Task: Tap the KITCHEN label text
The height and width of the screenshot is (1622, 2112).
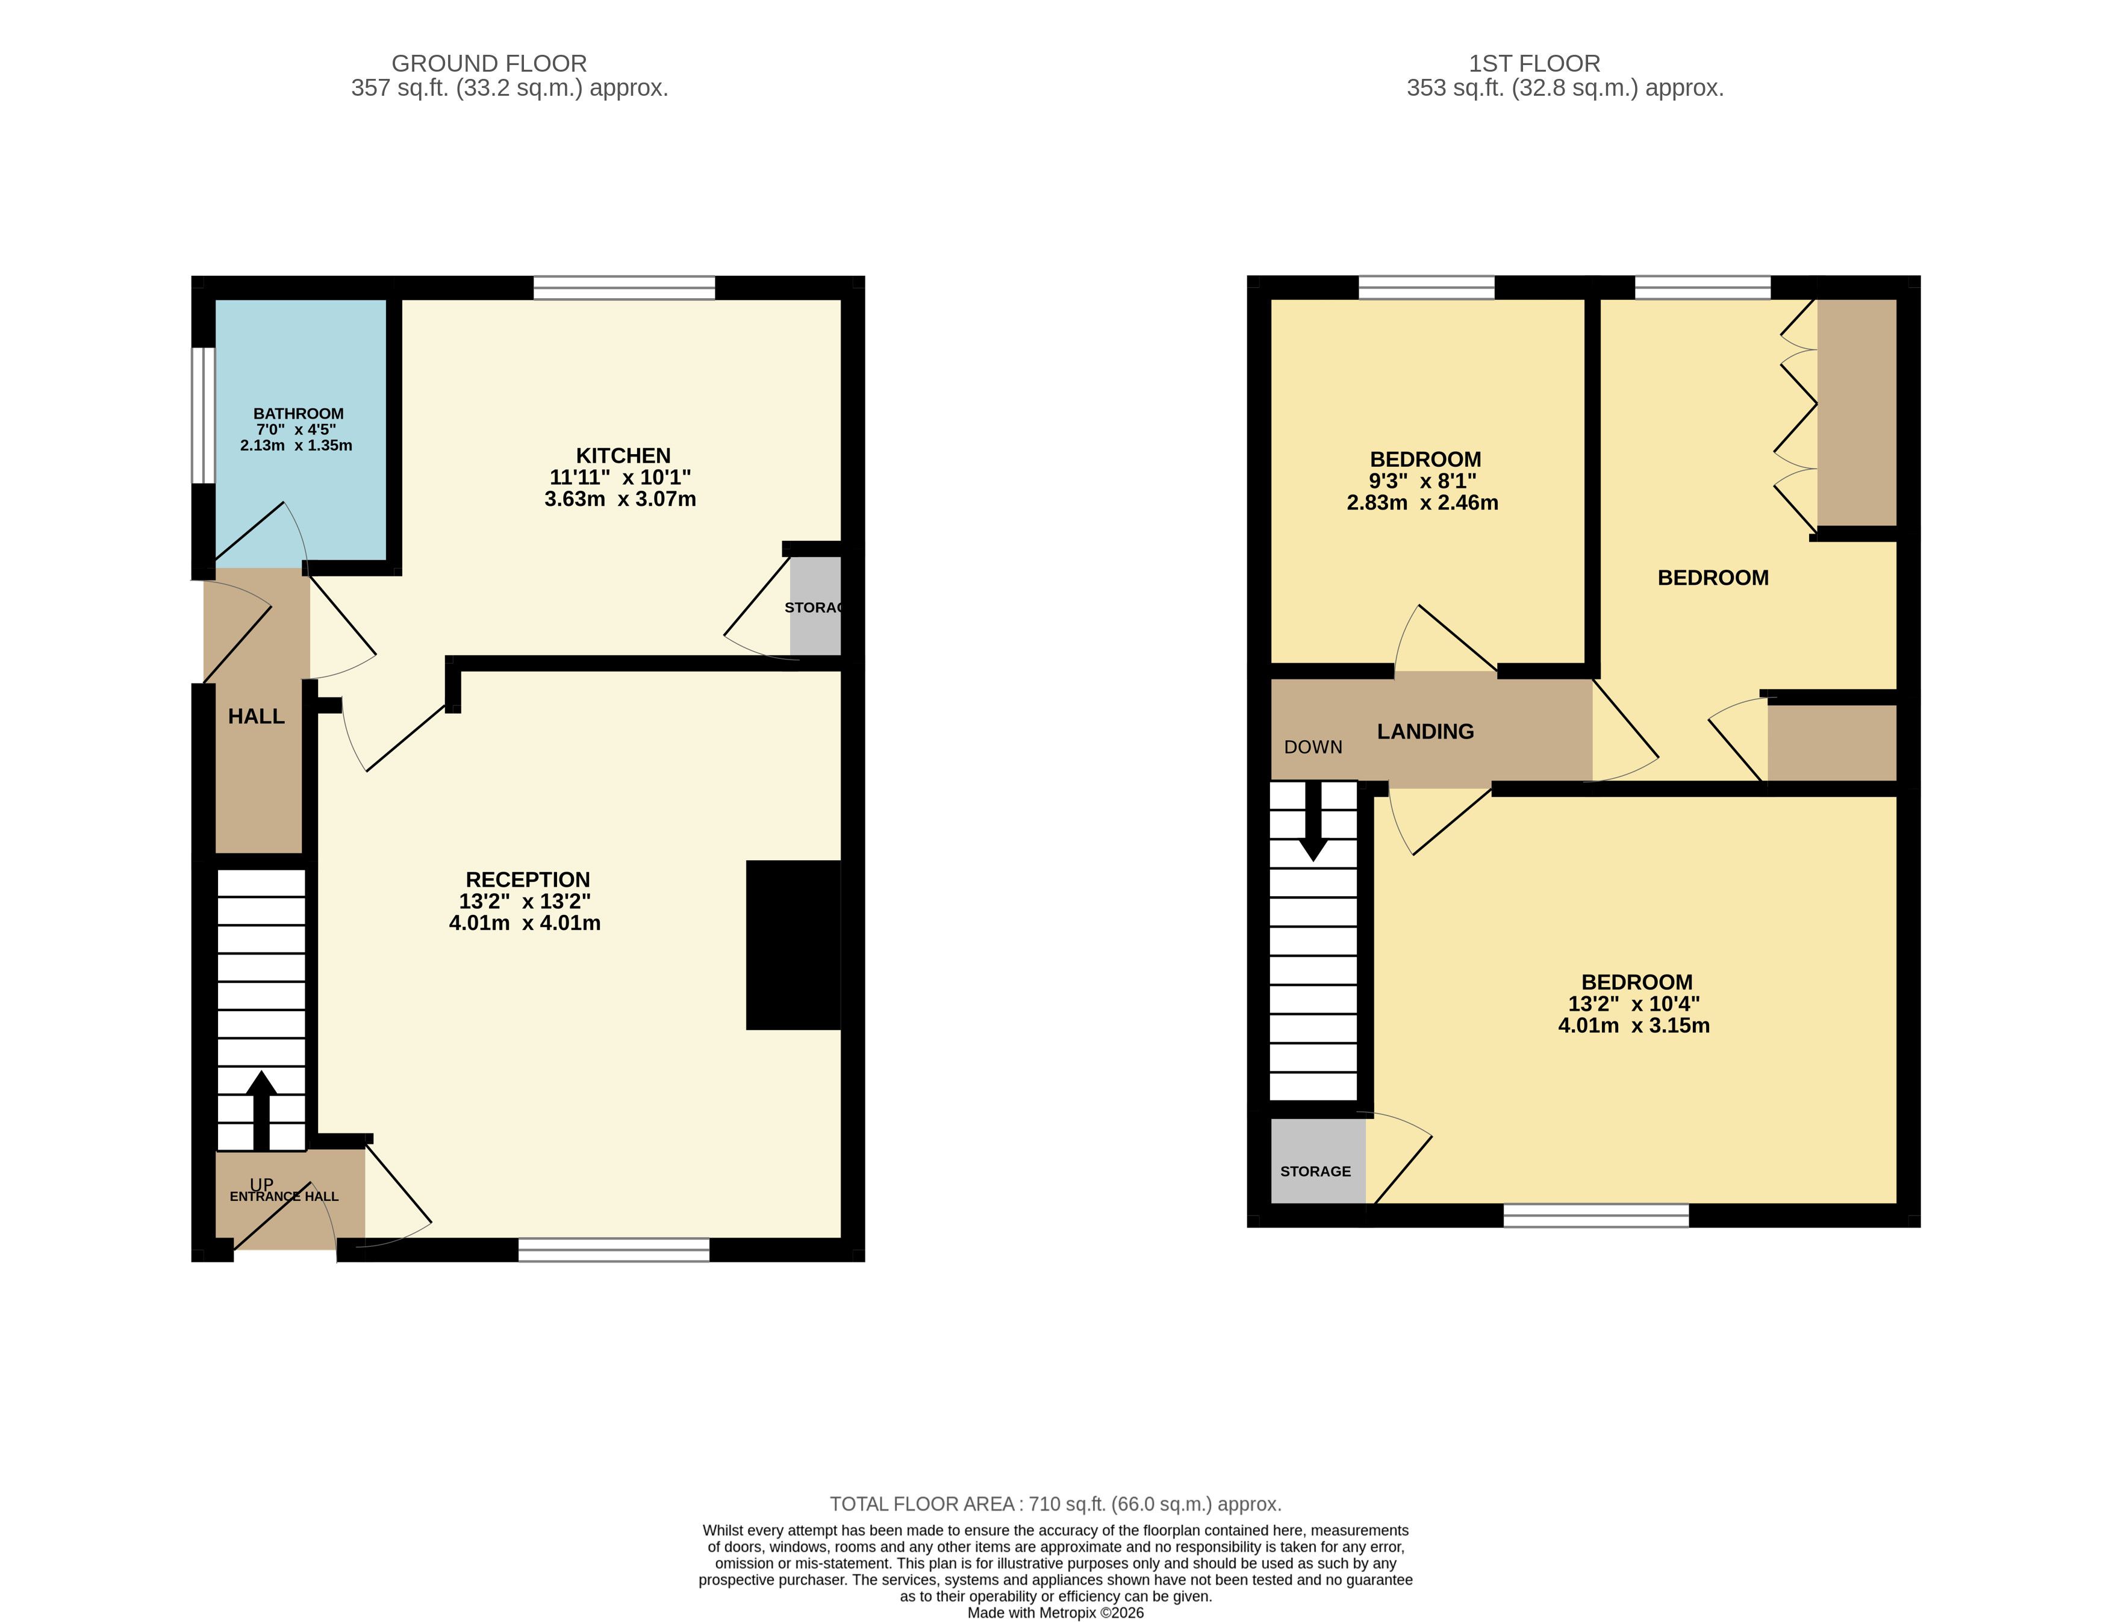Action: point(623,456)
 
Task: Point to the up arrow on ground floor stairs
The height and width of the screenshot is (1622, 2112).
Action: point(261,1109)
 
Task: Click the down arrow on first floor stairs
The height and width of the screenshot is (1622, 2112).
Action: point(1313,821)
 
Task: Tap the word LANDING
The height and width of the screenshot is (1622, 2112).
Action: point(1425,732)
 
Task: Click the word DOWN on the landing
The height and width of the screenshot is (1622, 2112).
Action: point(1313,747)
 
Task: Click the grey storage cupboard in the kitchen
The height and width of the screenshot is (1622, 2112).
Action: point(815,607)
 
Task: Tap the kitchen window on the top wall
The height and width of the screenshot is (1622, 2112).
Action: point(625,288)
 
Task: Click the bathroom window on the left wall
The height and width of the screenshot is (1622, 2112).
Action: point(203,415)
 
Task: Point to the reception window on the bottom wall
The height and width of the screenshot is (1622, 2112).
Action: point(614,1249)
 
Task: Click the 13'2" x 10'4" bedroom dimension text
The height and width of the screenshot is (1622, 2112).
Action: point(1634,1004)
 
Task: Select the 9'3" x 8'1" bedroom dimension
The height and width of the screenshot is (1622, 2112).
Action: point(1423,481)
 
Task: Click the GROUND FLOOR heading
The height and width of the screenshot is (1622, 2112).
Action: point(490,64)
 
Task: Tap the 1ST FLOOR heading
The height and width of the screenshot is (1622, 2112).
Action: point(1535,64)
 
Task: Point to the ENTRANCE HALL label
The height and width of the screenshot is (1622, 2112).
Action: point(284,1196)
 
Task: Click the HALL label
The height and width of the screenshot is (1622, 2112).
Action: point(257,716)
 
